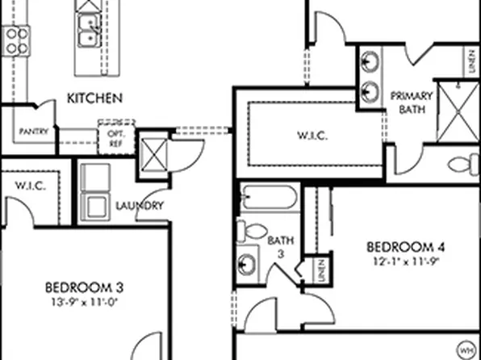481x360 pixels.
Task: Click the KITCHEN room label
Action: (x=94, y=98)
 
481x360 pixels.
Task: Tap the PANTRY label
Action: (x=33, y=132)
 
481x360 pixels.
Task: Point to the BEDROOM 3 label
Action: (x=84, y=287)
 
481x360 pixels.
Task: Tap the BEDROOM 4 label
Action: (x=406, y=247)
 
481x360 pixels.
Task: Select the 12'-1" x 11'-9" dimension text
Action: (x=406, y=261)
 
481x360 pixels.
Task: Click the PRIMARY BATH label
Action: (x=412, y=101)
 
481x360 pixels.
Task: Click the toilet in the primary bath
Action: (x=461, y=165)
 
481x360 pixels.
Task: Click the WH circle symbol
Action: (x=466, y=350)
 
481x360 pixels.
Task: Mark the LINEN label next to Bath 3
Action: (x=320, y=270)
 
